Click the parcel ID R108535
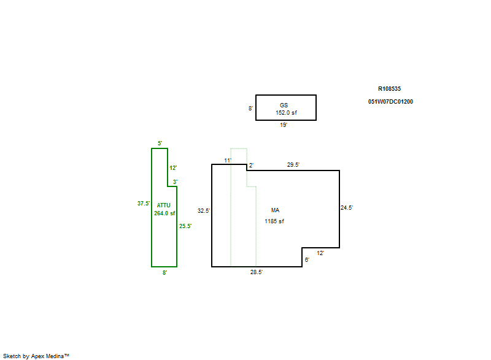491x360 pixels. coord(389,89)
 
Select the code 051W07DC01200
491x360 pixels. coord(390,102)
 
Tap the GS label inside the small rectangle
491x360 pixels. coord(284,105)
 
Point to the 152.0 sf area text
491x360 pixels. coord(286,113)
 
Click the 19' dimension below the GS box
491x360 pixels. coord(284,124)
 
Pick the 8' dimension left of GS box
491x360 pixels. coord(250,108)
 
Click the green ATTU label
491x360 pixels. coord(163,205)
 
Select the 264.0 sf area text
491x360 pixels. coord(164,213)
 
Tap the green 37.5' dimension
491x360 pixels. coord(144,203)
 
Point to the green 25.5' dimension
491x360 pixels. coord(185,226)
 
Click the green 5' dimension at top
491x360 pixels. coord(160,144)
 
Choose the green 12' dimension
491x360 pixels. coord(173,168)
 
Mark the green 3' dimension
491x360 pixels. coord(175,182)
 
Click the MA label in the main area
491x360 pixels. coord(275,210)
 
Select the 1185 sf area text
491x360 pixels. coord(274,221)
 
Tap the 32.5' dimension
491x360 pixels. coord(204,211)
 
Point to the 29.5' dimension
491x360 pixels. coord(293,165)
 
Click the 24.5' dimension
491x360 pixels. coord(347,208)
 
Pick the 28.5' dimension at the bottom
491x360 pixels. coord(256,272)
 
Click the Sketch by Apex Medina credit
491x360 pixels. coord(36,356)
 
